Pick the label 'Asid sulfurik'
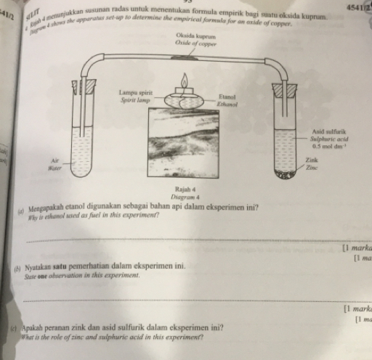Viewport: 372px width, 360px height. (x=320, y=126)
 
